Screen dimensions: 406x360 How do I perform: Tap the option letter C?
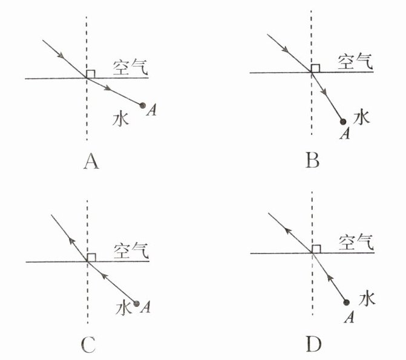click(88, 345)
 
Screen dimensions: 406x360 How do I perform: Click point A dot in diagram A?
click(143, 106)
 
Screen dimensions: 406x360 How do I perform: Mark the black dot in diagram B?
click(342, 122)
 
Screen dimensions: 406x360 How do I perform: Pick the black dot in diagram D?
click(346, 302)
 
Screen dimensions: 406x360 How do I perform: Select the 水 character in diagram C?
click(123, 307)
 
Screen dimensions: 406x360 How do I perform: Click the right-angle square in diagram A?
click(91, 74)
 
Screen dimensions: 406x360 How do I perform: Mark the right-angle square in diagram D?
click(316, 249)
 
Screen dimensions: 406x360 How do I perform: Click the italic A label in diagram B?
click(345, 133)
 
